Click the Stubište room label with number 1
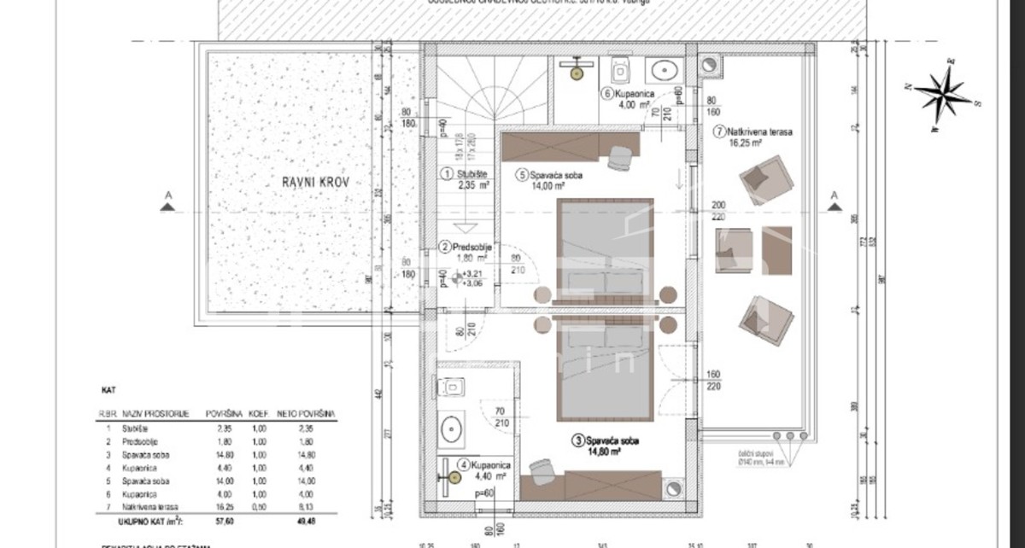(465, 178)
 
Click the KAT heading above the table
(108, 389)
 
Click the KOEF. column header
(259, 413)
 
